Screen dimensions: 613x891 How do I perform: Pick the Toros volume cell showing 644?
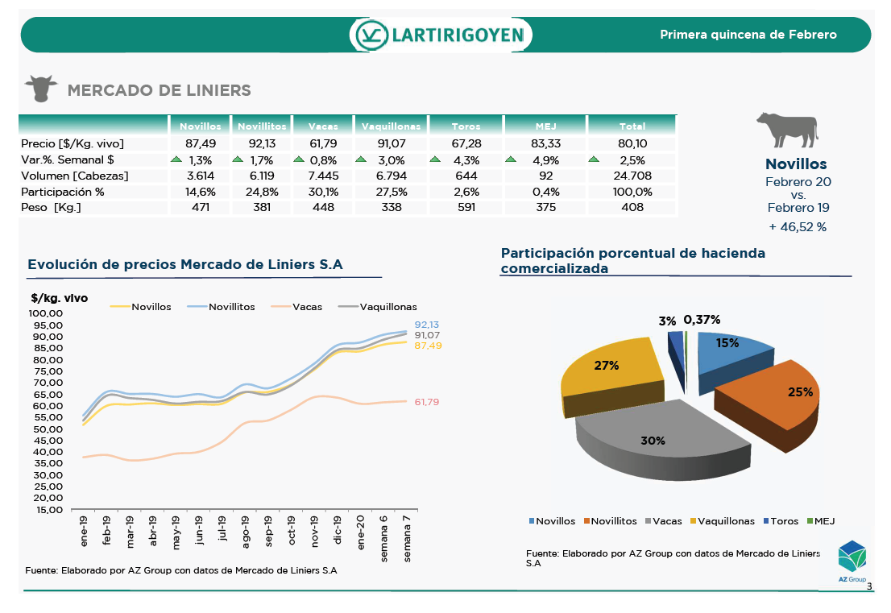[466, 176]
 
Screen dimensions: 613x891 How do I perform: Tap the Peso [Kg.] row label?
[52, 208]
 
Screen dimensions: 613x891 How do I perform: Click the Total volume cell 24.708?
[632, 176]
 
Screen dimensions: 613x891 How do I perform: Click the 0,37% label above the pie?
[702, 320]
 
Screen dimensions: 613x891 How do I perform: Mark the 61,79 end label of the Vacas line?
[427, 402]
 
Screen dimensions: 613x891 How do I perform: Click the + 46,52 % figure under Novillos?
[798, 227]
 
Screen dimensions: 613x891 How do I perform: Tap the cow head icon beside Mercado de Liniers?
[40, 88]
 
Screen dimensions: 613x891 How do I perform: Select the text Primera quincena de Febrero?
[748, 35]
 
